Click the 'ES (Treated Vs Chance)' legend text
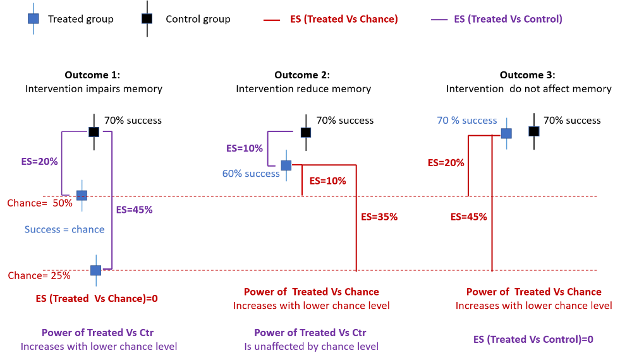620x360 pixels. point(344,19)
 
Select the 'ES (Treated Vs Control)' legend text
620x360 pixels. point(508,19)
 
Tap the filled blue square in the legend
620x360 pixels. point(33,18)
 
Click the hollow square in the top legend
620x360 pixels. point(147,18)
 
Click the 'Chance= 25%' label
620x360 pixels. point(39,275)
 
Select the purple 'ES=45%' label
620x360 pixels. point(134,210)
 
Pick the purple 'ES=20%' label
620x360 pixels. point(39,162)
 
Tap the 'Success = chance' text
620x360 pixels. point(64,229)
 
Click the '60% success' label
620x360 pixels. point(250,174)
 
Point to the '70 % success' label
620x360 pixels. point(466,121)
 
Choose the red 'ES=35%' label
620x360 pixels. point(379,217)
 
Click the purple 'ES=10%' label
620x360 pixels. point(244,148)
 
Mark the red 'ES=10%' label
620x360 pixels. point(327,181)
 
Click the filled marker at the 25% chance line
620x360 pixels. point(95,270)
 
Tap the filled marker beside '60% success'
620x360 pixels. point(286,165)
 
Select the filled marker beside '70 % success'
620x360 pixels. point(506,133)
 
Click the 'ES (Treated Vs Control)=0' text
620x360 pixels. point(533,339)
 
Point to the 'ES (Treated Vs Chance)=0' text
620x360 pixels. point(96,298)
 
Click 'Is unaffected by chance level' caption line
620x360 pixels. point(311,346)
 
